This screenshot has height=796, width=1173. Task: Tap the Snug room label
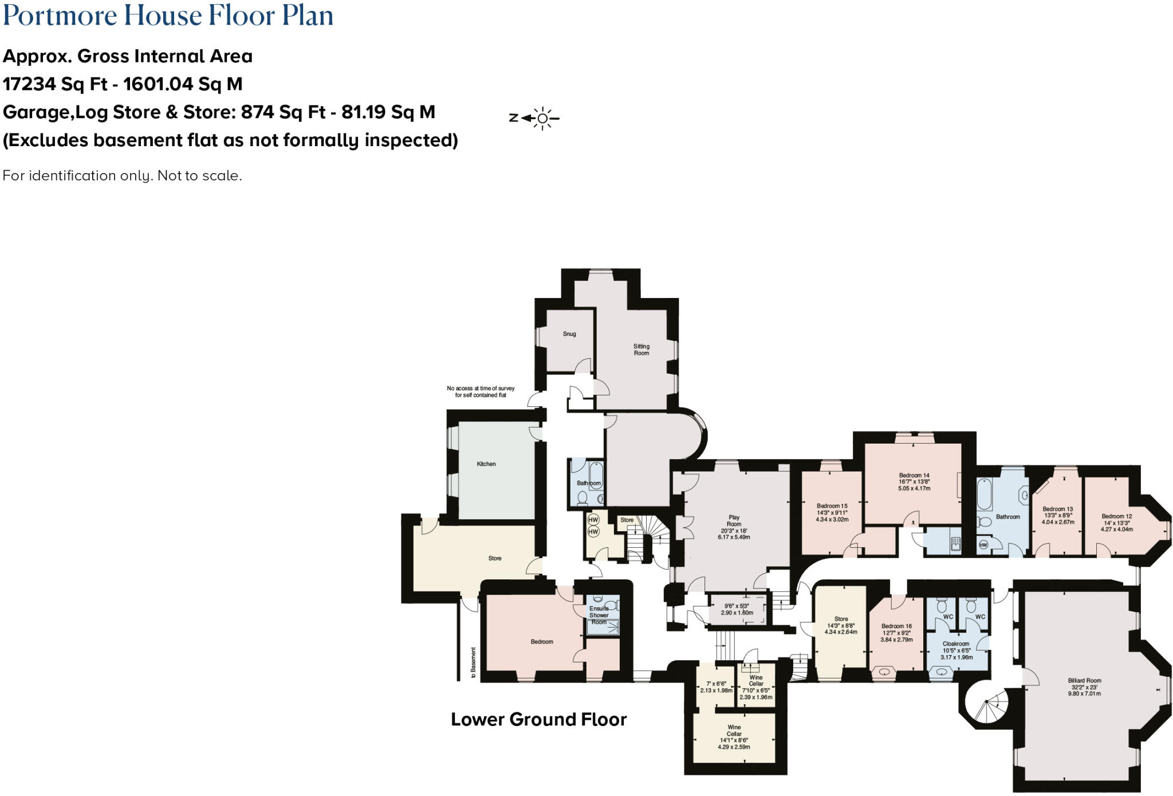coord(569,334)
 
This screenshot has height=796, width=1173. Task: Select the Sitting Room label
coord(641,350)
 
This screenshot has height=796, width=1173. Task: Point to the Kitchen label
coord(486,464)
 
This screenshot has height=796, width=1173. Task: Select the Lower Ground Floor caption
coord(538,720)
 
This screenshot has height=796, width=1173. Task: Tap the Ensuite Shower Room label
coord(599,615)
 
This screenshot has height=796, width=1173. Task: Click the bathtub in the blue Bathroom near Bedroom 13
coord(984,495)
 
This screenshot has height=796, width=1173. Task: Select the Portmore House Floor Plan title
coord(168,15)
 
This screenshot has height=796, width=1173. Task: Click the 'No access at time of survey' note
coord(481,391)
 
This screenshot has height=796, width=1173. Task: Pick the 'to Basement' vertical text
coord(473,662)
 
